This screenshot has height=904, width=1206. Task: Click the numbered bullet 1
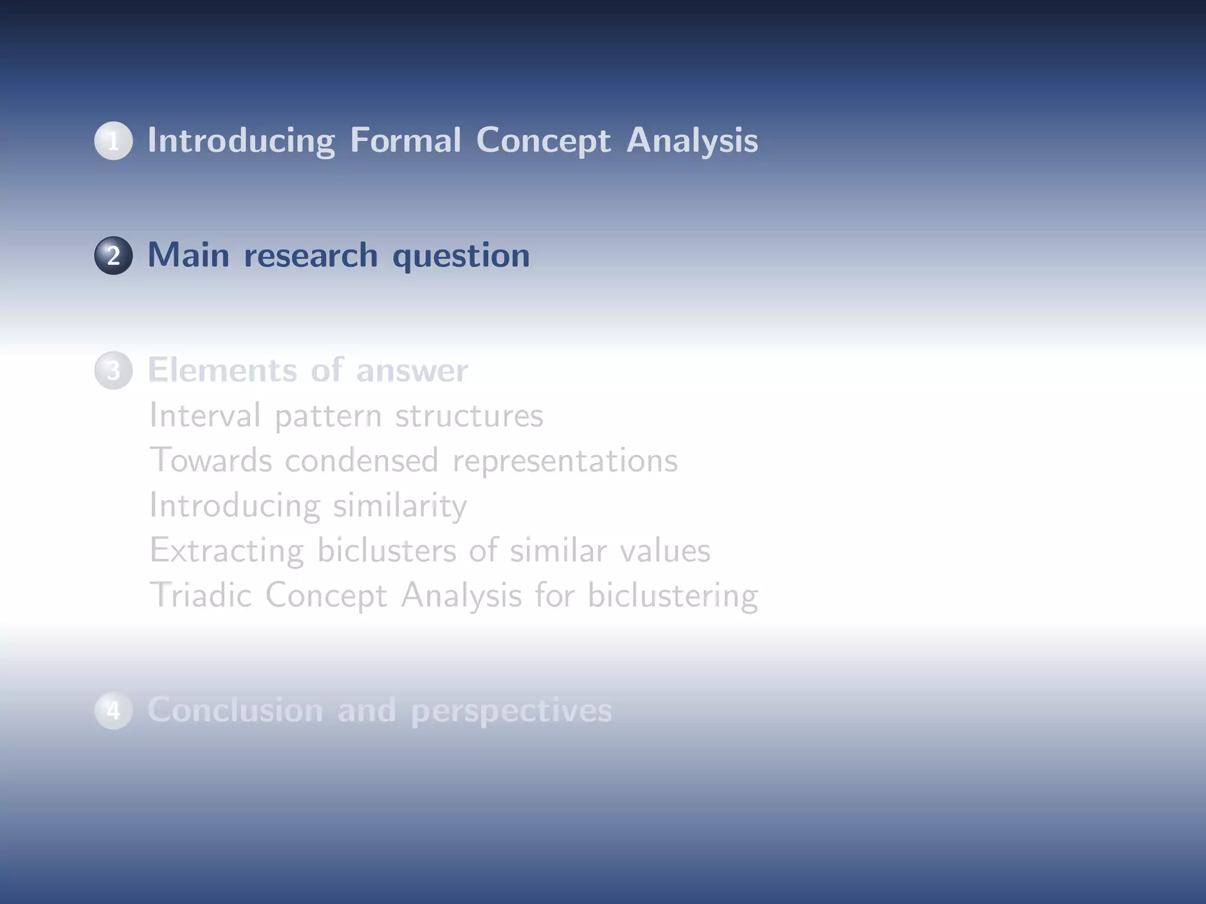[113, 141]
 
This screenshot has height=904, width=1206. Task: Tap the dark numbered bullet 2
[113, 255]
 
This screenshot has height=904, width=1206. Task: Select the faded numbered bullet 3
[113, 370]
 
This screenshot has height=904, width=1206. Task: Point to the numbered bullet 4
[113, 710]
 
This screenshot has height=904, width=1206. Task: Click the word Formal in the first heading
[405, 141]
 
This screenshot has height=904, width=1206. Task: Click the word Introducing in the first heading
[241, 141]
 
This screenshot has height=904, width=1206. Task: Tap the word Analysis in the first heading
[692, 141]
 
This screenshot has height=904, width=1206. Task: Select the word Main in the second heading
[188, 255]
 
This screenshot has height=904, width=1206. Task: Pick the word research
[310, 255]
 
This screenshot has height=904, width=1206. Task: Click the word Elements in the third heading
[222, 370]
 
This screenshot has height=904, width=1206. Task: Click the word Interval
[204, 415]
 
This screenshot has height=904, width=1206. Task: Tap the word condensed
[362, 460]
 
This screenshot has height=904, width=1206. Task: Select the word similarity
[400, 506]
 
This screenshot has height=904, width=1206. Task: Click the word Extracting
[227, 551]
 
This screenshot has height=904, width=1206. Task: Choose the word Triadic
[200, 595]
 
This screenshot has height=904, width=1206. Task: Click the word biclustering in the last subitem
[672, 596]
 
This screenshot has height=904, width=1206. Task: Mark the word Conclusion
[235, 710]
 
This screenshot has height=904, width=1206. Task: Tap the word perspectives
[511, 711]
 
